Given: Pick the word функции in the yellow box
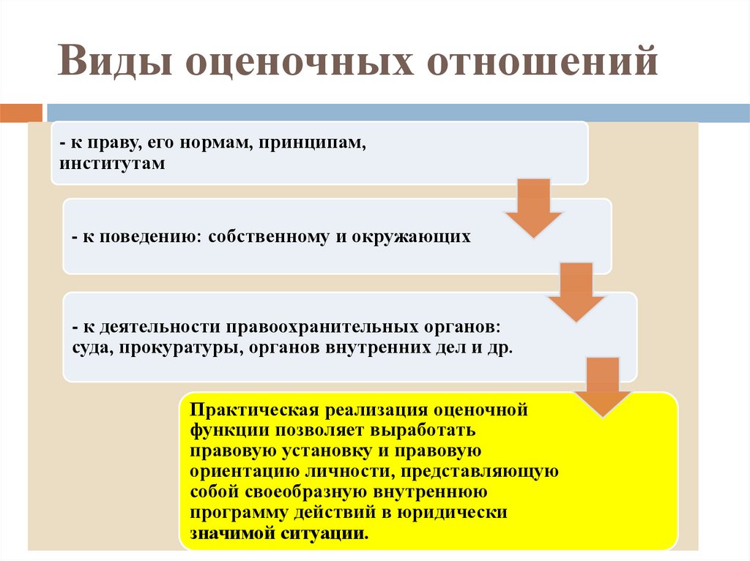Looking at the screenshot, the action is tap(220, 430).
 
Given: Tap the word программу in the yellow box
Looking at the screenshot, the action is tap(231, 512).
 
